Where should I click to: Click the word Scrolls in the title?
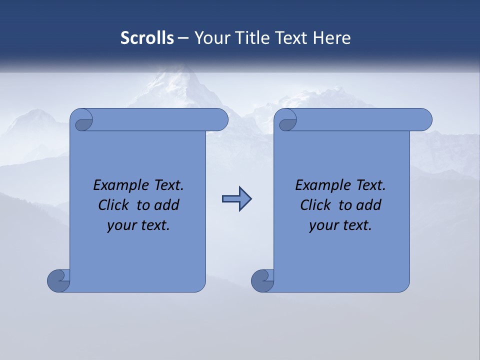[x=147, y=38]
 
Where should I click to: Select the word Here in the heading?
[x=332, y=38]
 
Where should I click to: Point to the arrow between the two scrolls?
[x=236, y=199]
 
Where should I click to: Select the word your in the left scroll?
[x=120, y=225]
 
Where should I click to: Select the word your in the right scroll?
[x=322, y=225]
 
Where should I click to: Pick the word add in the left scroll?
[x=167, y=205]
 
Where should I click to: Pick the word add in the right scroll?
[x=369, y=205]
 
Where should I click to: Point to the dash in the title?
[x=183, y=38]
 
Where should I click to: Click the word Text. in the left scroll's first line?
[x=165, y=185]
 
